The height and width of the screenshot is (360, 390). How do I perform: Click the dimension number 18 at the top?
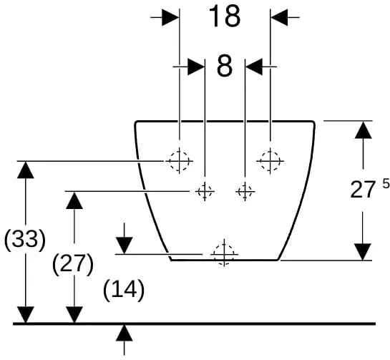click(225, 16)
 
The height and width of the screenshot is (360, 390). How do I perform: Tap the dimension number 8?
click(225, 66)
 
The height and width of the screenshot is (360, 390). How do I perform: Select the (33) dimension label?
click(25, 240)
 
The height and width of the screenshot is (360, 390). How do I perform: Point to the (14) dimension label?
click(124, 290)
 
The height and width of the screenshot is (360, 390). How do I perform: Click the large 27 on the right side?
click(362, 190)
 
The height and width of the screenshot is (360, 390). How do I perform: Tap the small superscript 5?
click(386, 184)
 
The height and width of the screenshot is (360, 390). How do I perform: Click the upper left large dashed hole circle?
click(180, 161)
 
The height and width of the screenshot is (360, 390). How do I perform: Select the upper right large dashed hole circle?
click(270, 161)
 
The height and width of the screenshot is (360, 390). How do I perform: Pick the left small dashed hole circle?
click(205, 192)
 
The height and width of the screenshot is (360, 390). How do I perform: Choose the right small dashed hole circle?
click(245, 192)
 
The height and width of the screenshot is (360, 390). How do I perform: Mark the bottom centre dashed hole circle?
click(224, 254)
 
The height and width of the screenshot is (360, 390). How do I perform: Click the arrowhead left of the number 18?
click(170, 17)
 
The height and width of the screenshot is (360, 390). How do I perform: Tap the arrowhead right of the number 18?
click(279, 17)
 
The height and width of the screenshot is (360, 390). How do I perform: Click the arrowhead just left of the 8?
click(196, 67)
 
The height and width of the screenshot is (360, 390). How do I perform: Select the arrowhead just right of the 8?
click(254, 67)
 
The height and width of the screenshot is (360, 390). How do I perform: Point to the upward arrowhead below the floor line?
click(124, 333)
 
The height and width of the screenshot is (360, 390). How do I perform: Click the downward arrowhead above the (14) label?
click(124, 245)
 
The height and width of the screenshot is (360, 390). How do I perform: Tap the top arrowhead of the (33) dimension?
click(26, 170)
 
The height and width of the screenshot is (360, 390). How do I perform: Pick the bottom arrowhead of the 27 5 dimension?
click(363, 252)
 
